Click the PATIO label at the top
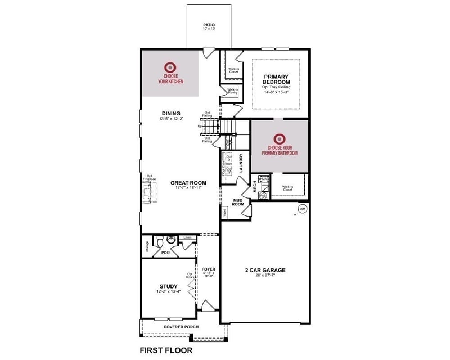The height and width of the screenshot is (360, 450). pyautogui.click(x=209, y=25)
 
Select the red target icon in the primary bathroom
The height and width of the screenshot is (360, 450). pyautogui.click(x=280, y=138)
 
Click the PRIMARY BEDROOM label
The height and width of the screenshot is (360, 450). pyautogui.click(x=280, y=78)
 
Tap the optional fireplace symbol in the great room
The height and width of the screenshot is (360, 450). pyautogui.click(x=148, y=193)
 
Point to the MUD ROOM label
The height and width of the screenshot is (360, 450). pyautogui.click(x=238, y=202)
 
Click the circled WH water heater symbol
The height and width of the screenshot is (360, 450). pyautogui.click(x=302, y=209)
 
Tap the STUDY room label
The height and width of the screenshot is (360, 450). pyautogui.click(x=169, y=286)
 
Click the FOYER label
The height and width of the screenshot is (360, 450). pyautogui.click(x=209, y=269)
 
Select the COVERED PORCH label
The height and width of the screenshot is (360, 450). pyautogui.click(x=180, y=327)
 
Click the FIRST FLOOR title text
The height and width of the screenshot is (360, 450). pyautogui.click(x=166, y=350)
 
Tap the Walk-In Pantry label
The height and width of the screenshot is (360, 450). pyautogui.click(x=232, y=91)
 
